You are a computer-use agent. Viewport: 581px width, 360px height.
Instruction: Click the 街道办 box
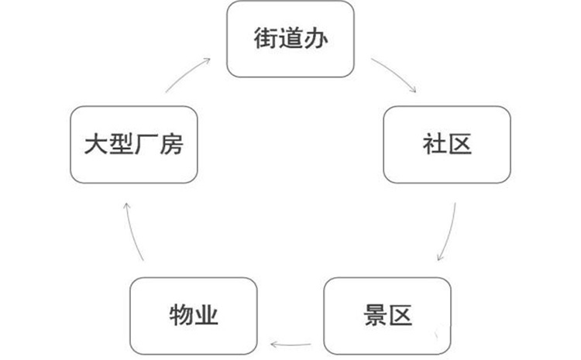pos(290,39)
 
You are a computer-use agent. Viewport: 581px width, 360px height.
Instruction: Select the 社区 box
pos(447,144)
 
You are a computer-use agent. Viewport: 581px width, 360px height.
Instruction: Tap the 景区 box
pos(387,315)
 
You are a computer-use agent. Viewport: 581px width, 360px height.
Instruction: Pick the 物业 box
pos(193,315)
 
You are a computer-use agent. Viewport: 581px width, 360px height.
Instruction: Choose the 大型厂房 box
pos(133,144)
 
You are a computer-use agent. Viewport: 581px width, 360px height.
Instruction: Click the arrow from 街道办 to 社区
pos(395,74)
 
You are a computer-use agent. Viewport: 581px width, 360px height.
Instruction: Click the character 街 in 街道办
pos(265,39)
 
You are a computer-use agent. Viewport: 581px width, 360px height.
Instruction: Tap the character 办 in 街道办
pos(315,39)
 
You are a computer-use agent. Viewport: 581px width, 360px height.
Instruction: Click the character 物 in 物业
pos(180,315)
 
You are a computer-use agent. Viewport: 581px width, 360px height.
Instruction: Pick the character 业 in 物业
pos(206,315)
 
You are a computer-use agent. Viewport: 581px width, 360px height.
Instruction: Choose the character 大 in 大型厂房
pos(96,144)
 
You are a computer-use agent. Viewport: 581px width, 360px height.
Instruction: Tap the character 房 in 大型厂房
pos(171,144)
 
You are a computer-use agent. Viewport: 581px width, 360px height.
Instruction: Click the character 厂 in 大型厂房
pos(146,144)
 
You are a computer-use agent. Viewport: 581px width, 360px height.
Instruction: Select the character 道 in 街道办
pos(290,39)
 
